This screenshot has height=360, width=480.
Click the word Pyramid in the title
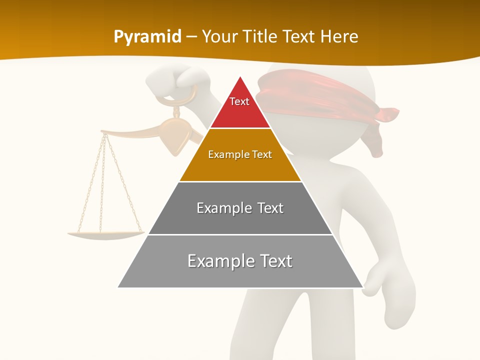[x=147, y=37]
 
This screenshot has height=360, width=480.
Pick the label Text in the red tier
[x=239, y=101]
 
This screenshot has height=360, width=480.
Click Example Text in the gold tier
[x=240, y=154]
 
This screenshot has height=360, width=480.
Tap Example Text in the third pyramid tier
[x=240, y=208]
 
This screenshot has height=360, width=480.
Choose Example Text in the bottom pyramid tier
[x=240, y=261]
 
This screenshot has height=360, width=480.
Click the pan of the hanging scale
[x=105, y=234]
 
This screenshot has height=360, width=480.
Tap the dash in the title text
[x=191, y=37]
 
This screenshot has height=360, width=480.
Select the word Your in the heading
[x=220, y=37]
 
